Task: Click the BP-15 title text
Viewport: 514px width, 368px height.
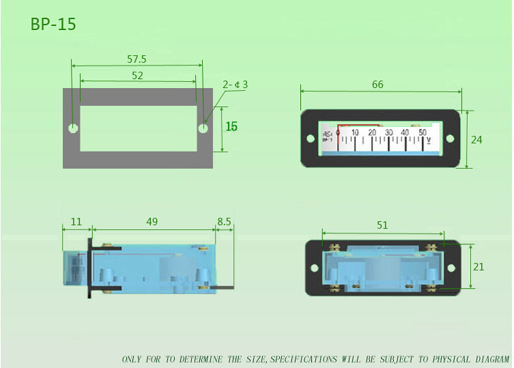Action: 53,24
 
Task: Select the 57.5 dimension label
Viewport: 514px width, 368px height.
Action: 137,59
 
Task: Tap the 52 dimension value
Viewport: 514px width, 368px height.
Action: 137,76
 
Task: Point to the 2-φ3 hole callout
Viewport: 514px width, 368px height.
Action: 235,85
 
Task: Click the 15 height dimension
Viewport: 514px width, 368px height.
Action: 232,126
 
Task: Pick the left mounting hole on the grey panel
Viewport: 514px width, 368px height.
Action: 72,128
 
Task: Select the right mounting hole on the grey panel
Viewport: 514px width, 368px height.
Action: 203,128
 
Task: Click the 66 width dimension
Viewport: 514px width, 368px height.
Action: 377,85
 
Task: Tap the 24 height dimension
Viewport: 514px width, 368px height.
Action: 476,139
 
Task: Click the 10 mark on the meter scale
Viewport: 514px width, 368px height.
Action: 355,132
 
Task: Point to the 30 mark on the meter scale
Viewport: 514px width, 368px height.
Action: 388,132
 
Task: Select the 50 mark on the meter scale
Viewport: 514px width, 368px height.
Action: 423,132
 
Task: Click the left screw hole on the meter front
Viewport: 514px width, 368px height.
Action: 311,139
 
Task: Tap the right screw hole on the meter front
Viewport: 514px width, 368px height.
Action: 450,139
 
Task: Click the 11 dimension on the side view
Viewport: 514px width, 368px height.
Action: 76,222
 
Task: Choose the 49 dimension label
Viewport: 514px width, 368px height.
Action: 152,222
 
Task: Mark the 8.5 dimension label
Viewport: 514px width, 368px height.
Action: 224,222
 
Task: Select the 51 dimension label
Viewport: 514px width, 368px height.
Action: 383,225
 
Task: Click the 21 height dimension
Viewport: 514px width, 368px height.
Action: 478,266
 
